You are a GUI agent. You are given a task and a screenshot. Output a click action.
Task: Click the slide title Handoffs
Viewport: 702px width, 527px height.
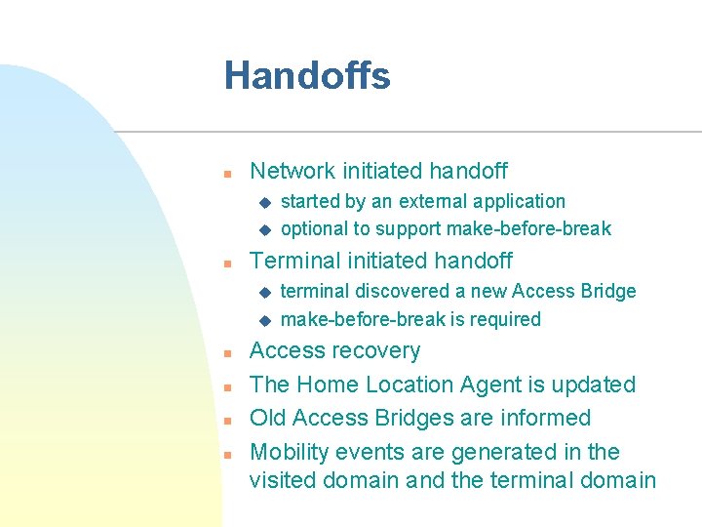(307, 76)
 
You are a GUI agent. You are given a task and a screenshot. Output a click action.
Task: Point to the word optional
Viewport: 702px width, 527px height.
(313, 229)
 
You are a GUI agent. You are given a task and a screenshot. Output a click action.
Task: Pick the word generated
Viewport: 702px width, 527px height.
(505, 452)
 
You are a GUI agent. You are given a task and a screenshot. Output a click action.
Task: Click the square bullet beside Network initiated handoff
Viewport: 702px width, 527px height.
(225, 174)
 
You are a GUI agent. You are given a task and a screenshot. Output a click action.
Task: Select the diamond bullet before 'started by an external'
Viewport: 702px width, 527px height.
(263, 203)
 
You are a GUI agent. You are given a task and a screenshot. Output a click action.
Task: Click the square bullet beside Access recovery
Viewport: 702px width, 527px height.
(225, 353)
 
